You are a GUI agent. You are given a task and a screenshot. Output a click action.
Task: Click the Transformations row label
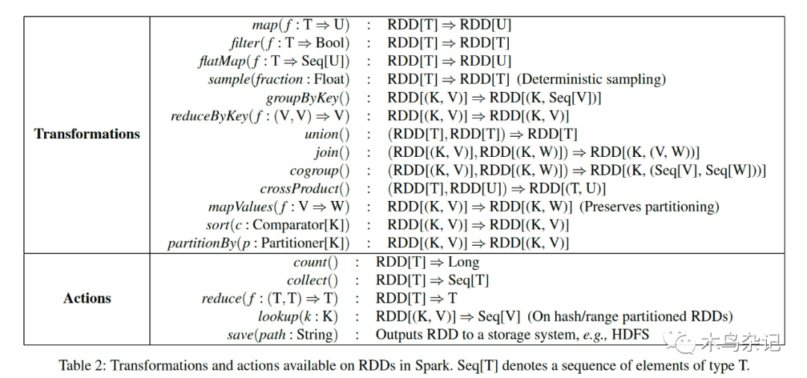click(87, 134)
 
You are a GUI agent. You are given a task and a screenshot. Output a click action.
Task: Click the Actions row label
click(87, 298)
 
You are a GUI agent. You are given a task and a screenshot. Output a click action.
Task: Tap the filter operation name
click(246, 43)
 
